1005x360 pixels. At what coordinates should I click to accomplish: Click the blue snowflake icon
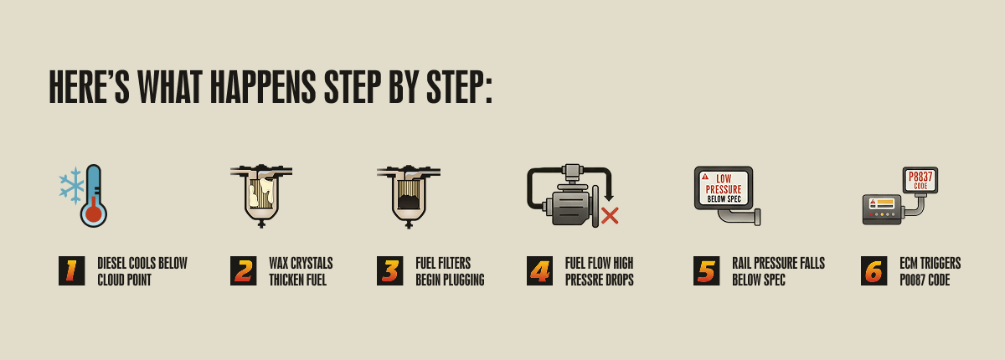tap(71, 185)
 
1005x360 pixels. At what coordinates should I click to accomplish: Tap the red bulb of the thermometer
tap(94, 213)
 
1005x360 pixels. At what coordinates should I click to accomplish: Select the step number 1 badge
tap(71, 271)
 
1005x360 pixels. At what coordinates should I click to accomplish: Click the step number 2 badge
tap(244, 271)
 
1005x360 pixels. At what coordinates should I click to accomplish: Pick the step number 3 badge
tap(389, 271)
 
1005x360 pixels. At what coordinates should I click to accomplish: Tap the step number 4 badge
tap(539, 271)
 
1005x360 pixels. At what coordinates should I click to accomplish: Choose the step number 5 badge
tap(706, 271)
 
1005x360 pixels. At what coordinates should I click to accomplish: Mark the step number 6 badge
tap(874, 271)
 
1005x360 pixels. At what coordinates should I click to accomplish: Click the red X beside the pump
tap(610, 215)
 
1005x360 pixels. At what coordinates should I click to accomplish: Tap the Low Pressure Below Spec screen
tap(723, 188)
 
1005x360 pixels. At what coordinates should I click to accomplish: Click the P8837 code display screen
tap(920, 180)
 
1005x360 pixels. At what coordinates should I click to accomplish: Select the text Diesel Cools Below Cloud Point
tap(142, 271)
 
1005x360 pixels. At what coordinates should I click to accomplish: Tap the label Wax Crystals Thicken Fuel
tap(301, 271)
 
